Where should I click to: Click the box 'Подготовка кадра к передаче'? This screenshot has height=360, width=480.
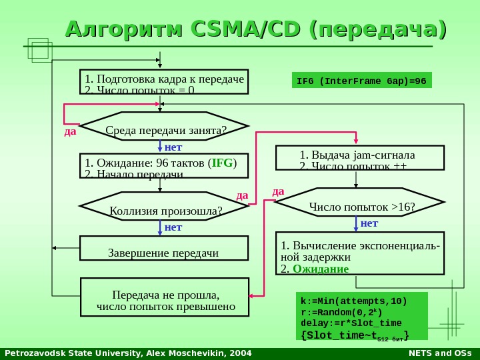(x=163, y=83)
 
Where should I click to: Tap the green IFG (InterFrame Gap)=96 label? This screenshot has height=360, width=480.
(x=362, y=81)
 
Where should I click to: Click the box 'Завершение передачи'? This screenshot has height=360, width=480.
(x=163, y=252)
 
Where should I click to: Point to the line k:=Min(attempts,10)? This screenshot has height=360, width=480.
(x=353, y=301)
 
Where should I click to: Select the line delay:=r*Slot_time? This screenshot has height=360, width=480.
(x=351, y=323)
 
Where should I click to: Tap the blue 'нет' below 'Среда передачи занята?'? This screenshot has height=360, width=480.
(x=173, y=146)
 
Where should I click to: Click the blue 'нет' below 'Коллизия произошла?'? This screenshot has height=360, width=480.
(x=173, y=227)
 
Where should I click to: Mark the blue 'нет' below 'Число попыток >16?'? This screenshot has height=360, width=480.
(x=369, y=223)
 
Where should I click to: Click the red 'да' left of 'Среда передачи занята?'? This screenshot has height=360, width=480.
(x=69, y=131)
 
